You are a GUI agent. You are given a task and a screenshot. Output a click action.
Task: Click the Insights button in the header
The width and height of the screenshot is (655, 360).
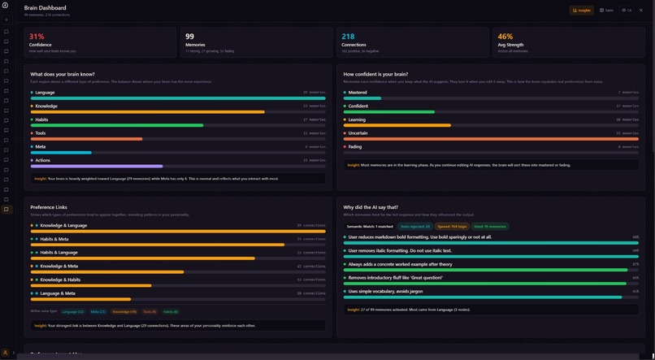[x=582, y=11]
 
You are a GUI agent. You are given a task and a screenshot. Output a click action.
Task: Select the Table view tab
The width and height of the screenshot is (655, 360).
[x=606, y=11]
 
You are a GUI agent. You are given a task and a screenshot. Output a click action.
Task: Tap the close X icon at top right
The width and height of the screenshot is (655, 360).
[x=641, y=11]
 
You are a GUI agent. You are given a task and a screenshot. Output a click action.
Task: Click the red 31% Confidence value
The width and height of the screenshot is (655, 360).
[x=37, y=37]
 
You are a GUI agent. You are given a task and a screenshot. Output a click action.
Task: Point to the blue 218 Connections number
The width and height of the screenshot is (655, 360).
[x=348, y=37]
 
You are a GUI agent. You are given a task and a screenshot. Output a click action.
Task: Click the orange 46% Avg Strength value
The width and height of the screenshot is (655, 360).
[x=505, y=37]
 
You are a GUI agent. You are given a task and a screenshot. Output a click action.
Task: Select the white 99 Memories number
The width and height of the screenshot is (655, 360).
[x=189, y=37]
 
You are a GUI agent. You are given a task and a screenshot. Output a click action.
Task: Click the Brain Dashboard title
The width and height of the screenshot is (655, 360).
[x=45, y=8]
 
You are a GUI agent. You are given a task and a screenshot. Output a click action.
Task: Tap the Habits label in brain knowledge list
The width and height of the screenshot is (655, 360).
[x=41, y=119]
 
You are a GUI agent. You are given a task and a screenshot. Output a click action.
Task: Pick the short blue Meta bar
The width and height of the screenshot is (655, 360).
[x=61, y=153]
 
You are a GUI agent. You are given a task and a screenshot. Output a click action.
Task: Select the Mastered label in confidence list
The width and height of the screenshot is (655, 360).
[x=358, y=93]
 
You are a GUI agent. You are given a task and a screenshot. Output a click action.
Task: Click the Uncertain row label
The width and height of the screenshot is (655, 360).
[x=358, y=133]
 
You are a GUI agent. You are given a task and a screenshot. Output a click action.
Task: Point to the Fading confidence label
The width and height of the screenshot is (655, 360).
[x=355, y=147]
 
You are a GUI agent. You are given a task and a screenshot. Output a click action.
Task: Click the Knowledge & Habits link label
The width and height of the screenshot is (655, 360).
[x=60, y=280]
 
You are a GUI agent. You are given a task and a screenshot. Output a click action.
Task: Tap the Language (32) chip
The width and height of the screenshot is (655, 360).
[x=73, y=311]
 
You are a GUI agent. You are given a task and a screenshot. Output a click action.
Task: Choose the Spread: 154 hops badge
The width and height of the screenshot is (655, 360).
[x=452, y=227]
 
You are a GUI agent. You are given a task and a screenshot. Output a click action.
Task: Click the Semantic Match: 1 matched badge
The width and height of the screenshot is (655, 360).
[x=370, y=227]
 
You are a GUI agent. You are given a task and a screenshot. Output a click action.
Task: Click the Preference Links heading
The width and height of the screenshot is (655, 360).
[x=49, y=207]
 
